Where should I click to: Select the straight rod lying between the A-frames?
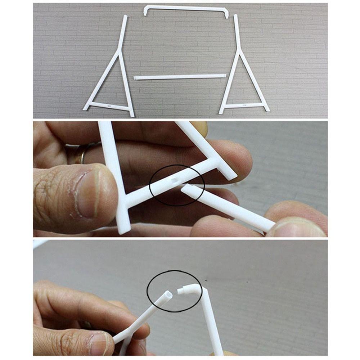180,76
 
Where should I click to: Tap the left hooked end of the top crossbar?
145,12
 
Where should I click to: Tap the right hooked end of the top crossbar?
226,14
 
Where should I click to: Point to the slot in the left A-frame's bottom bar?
109,106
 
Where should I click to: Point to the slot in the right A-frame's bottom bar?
244,105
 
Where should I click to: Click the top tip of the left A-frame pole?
126,17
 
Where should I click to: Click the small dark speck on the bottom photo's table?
205,281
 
